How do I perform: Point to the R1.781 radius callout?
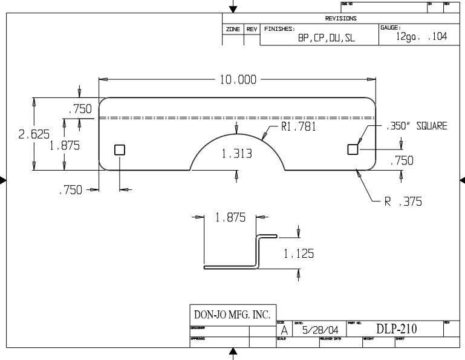coord(299,127)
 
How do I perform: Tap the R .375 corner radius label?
coord(403,201)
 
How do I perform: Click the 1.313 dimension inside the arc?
coord(236,154)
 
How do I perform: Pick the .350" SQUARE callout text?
coord(417,126)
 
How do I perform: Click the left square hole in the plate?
coord(120,150)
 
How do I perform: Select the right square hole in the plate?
coord(353,149)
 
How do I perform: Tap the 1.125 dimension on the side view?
coord(299,254)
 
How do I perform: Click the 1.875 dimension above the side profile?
coord(230,218)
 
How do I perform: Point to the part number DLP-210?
coord(397,329)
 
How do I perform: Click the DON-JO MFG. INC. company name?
coord(232,315)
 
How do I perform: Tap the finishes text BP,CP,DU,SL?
coord(326,38)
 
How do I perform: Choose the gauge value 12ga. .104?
coord(421,36)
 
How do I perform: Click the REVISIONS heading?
coord(340,18)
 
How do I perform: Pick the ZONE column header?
coord(233,28)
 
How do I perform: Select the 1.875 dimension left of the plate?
coord(65,146)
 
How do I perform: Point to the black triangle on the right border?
coord(462,180)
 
